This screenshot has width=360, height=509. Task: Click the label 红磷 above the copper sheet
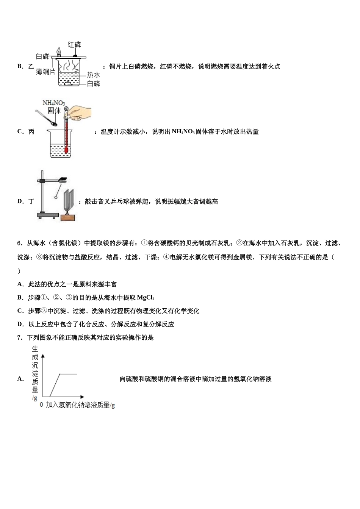[74, 44]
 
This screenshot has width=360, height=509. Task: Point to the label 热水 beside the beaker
[93, 75]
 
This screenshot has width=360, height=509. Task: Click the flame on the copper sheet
[59, 51]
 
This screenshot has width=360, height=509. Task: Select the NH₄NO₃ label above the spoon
[53, 103]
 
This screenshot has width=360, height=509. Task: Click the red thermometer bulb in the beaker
[67, 151]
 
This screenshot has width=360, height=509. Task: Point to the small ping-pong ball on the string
[56, 197]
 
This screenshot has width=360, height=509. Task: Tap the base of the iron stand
[47, 216]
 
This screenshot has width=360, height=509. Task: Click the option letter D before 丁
[20, 201]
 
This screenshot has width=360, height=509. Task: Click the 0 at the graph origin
[42, 404]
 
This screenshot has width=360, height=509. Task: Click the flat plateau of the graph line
[69, 374]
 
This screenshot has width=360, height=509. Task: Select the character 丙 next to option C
[31, 132]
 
